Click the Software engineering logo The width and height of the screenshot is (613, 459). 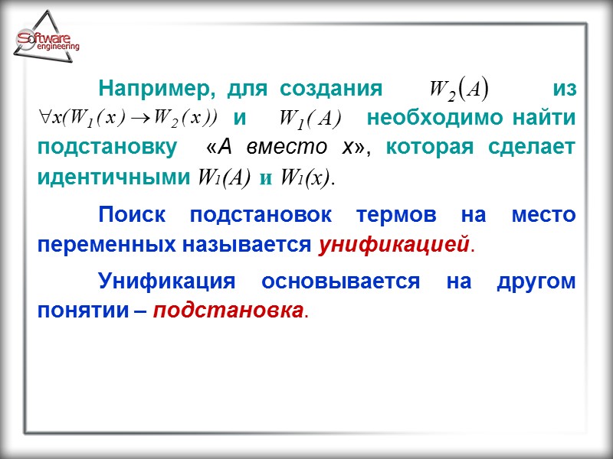click(x=48, y=42)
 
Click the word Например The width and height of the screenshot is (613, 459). click(x=151, y=89)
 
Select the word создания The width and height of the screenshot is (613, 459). click(x=331, y=89)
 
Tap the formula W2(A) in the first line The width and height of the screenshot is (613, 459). click(x=458, y=90)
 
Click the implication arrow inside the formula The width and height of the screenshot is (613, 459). click(x=143, y=118)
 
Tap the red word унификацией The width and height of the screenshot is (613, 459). click(x=393, y=245)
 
